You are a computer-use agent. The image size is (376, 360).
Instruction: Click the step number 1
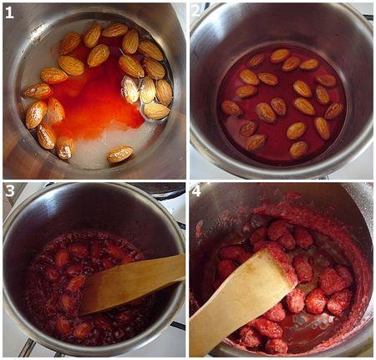click(x=9, y=12)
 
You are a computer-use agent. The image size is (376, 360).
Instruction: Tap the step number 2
click(x=196, y=12)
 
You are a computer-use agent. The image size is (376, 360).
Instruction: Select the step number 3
click(x=9, y=191)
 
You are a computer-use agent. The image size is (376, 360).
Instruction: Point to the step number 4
click(x=196, y=191)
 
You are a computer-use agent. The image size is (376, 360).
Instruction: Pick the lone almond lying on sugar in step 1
click(x=119, y=154)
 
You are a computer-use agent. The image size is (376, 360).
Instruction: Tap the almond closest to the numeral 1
click(x=70, y=43)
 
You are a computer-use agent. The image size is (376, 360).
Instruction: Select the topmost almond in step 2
click(x=280, y=56)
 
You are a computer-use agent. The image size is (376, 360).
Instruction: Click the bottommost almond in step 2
click(x=298, y=150)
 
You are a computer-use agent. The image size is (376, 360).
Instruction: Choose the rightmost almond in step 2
click(x=334, y=110)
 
